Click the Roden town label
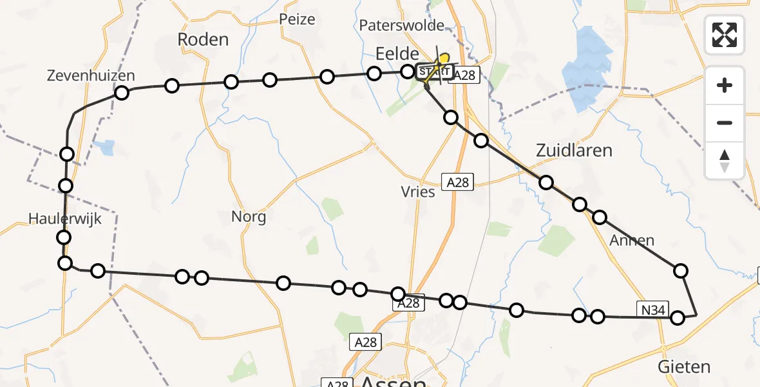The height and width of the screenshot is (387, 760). point(203,39)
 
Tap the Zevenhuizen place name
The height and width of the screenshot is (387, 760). point(91,75)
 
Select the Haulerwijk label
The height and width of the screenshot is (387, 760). point(66,219)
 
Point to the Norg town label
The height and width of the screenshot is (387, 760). point(249,217)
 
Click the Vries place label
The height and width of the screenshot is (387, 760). point(418,192)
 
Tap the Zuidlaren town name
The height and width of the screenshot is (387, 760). point(574,150)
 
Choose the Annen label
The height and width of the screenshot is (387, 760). point(632,241)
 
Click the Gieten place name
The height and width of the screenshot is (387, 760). point(684,367)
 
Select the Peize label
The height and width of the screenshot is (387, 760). point(297,19)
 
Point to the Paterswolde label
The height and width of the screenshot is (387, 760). point(403,26)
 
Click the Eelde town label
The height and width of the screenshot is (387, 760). point(397,54)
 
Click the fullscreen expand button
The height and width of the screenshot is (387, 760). point(725,34)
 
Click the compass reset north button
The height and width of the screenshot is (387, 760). point(725,161)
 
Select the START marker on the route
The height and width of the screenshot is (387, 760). point(435,71)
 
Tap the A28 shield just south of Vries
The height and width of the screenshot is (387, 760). point(457,183)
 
